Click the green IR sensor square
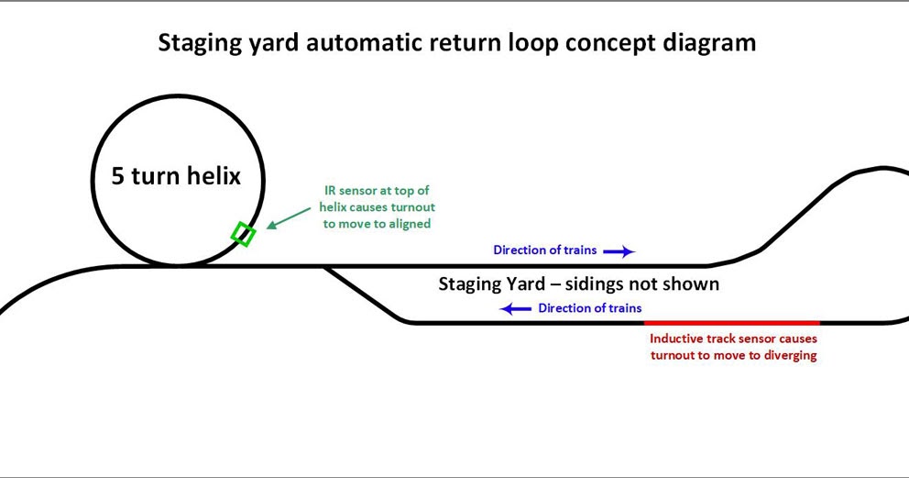tap(243, 234)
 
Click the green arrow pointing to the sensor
tap(288, 217)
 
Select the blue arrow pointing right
tap(619, 250)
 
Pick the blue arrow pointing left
tap(515, 309)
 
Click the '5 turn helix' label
tap(176, 175)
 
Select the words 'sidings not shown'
tap(641, 284)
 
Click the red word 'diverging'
tap(786, 355)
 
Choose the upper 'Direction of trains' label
tap(544, 250)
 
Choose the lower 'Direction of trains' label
tap(589, 308)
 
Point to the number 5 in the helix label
tap(118, 175)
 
